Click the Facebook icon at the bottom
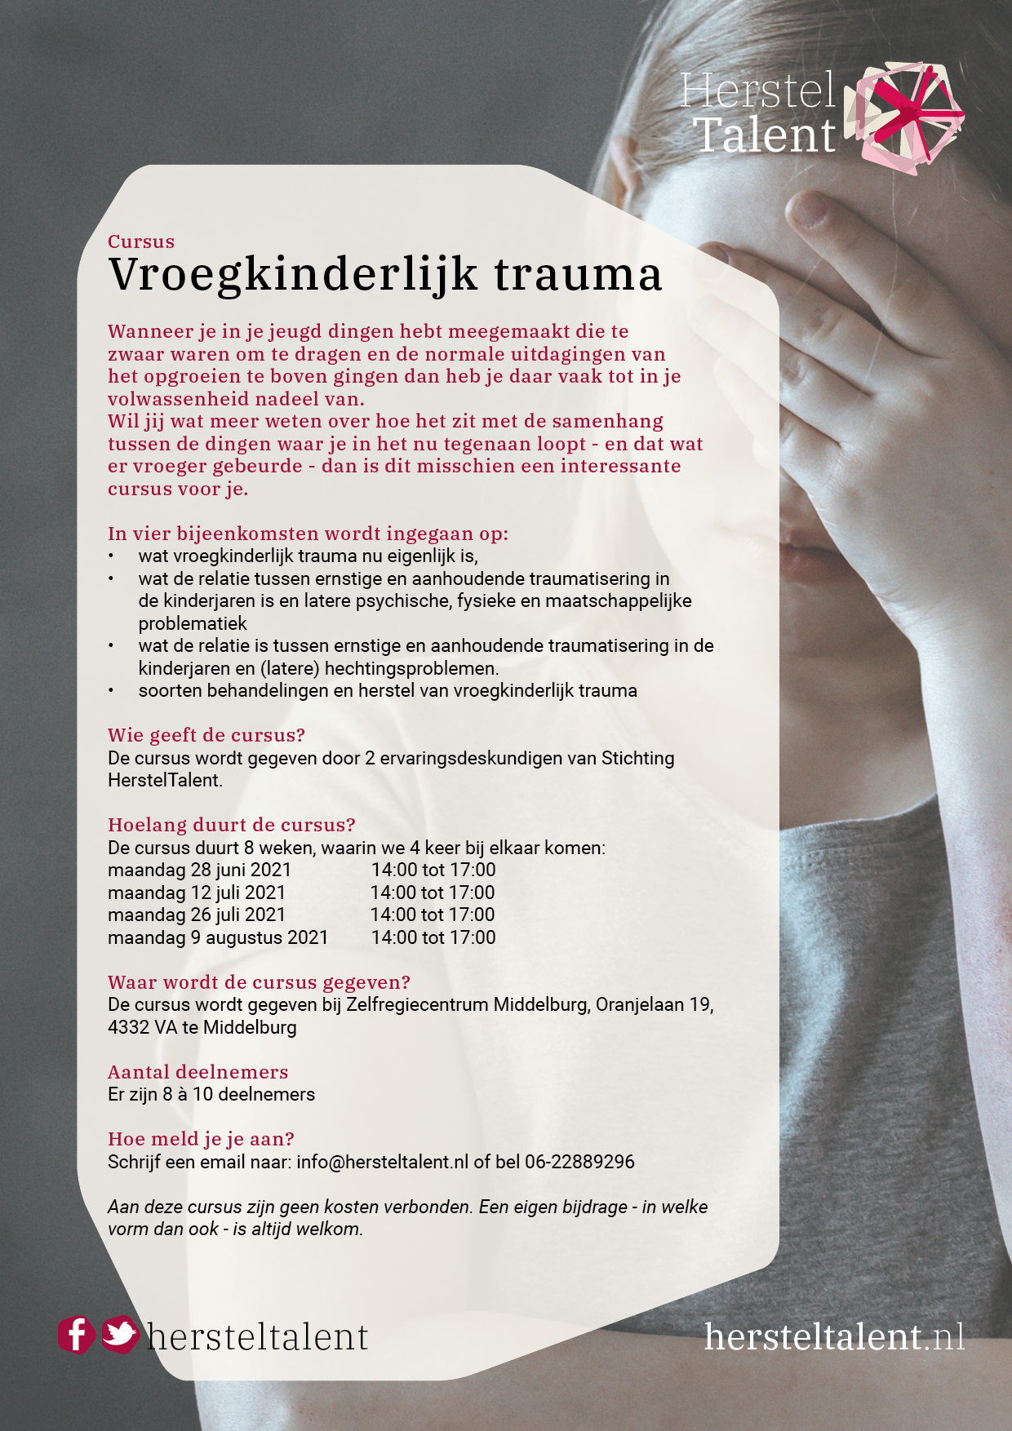(76, 1336)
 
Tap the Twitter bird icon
(120, 1335)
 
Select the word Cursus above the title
(141, 241)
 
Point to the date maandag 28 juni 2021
(199, 871)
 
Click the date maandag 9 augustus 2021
(218, 938)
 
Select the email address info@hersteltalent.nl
(382, 1162)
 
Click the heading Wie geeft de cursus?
(206, 735)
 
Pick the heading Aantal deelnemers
(198, 1072)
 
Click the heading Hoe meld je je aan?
(201, 1139)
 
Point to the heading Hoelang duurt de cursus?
(232, 825)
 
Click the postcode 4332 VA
(142, 1028)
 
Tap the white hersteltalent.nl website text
(834, 1336)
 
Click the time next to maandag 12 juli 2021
(433, 893)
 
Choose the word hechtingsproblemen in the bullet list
(411, 669)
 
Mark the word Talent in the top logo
(765, 135)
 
